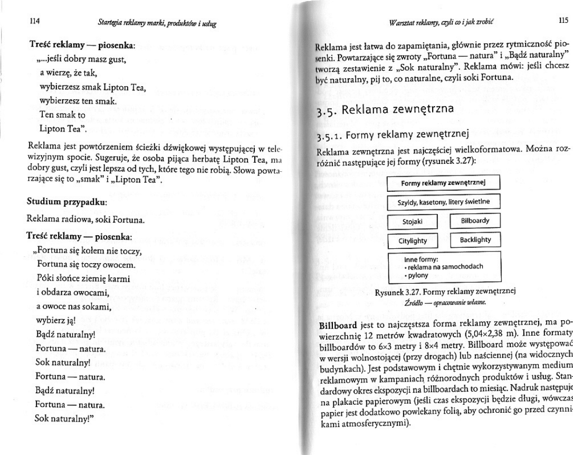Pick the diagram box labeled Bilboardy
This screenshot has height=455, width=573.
pyautogui.click(x=475, y=221)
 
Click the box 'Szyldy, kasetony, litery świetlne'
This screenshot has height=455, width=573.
pyautogui.click(x=443, y=202)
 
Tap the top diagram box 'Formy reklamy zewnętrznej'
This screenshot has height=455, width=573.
pyautogui.click(x=443, y=183)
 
